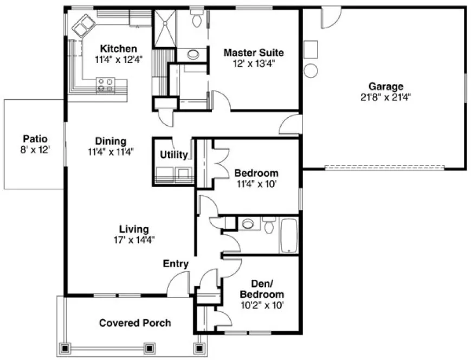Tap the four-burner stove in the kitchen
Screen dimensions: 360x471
coord(105,84)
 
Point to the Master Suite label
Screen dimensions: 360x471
coord(254,53)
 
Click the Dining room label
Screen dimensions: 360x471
coord(111,142)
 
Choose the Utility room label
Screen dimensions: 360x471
coord(173,155)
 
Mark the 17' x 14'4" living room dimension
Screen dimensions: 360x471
coord(134,239)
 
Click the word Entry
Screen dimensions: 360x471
coord(176,264)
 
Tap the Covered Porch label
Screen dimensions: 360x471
coord(135,323)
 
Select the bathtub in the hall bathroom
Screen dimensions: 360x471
coord(288,235)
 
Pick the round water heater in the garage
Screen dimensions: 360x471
coord(311,70)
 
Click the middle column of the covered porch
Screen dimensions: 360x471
coord(149,348)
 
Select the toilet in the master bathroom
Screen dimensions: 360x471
coord(197,18)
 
